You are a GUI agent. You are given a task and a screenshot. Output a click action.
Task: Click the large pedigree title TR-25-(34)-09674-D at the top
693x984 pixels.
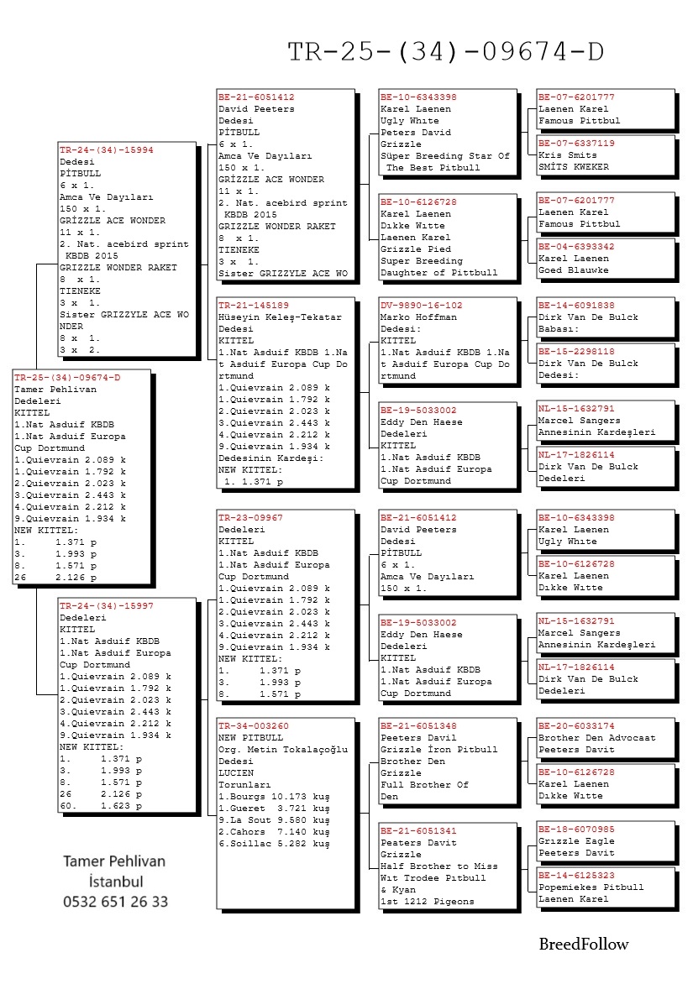(445, 52)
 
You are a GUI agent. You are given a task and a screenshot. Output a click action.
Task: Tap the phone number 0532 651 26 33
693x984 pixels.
(115, 902)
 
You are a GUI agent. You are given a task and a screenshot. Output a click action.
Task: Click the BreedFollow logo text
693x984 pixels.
(583, 944)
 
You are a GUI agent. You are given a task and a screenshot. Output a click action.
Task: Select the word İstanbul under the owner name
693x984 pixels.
(115, 882)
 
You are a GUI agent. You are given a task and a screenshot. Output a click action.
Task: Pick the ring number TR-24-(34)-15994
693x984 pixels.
(106, 150)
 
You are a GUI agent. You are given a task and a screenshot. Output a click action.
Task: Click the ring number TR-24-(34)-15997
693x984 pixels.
(106, 605)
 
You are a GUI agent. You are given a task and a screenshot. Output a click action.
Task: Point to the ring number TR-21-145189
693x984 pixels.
(254, 306)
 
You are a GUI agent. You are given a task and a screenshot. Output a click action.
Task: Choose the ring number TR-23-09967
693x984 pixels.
(250, 518)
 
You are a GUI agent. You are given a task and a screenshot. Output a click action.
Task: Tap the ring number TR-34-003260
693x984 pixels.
(254, 726)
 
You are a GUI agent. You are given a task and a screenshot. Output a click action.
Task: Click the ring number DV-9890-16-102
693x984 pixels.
(421, 306)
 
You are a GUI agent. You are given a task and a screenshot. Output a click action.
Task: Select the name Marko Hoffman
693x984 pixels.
(418, 317)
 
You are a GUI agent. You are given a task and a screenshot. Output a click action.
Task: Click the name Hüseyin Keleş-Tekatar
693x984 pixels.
(281, 317)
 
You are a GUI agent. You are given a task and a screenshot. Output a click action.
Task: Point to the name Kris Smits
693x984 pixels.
(568, 155)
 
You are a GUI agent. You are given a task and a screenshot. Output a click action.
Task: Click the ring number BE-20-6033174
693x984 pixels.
(576, 726)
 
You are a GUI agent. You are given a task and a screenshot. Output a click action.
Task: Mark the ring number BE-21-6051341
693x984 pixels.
(418, 831)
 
